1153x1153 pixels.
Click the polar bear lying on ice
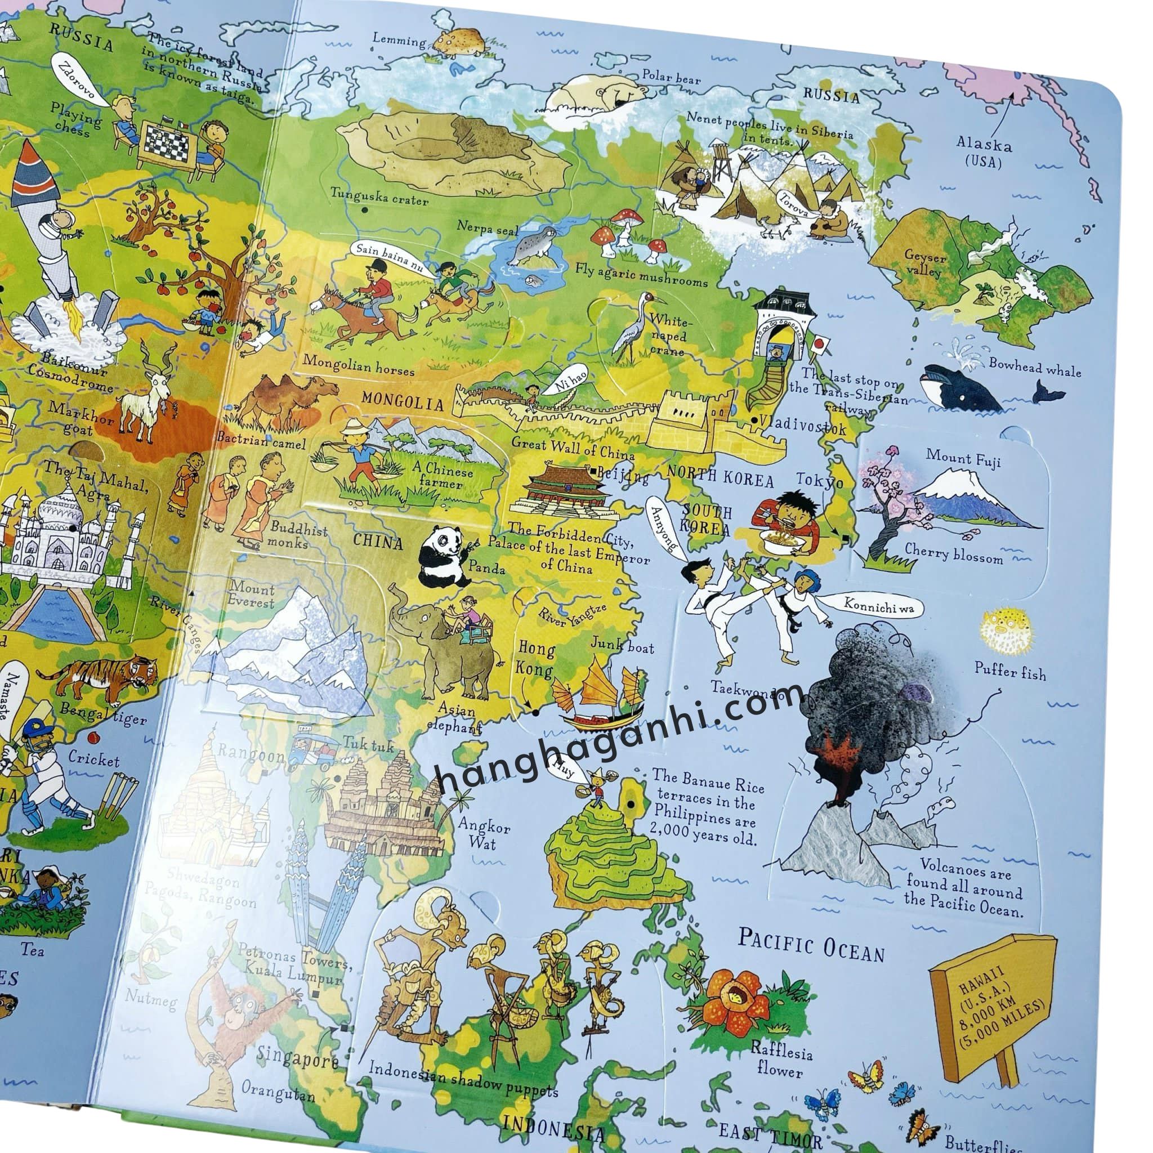pos(603,93)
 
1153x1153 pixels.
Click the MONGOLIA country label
pos(403,400)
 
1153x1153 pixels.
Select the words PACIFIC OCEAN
pos(811,944)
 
